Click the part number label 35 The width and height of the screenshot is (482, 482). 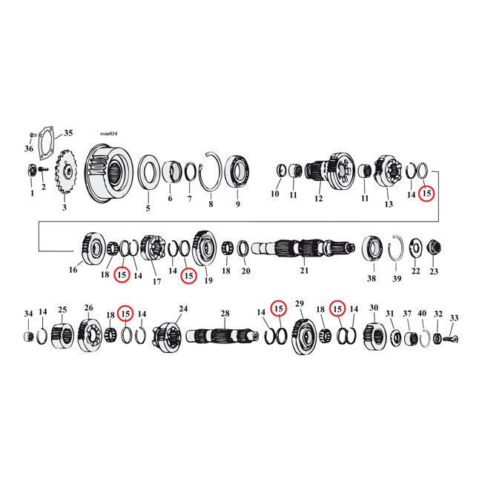click(68, 133)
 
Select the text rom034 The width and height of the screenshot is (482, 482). click(108, 133)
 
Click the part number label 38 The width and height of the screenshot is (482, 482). click(371, 279)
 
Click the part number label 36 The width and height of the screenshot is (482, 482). click(29, 148)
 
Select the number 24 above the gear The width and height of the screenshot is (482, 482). click(182, 308)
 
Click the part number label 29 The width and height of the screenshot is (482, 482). click(300, 303)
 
